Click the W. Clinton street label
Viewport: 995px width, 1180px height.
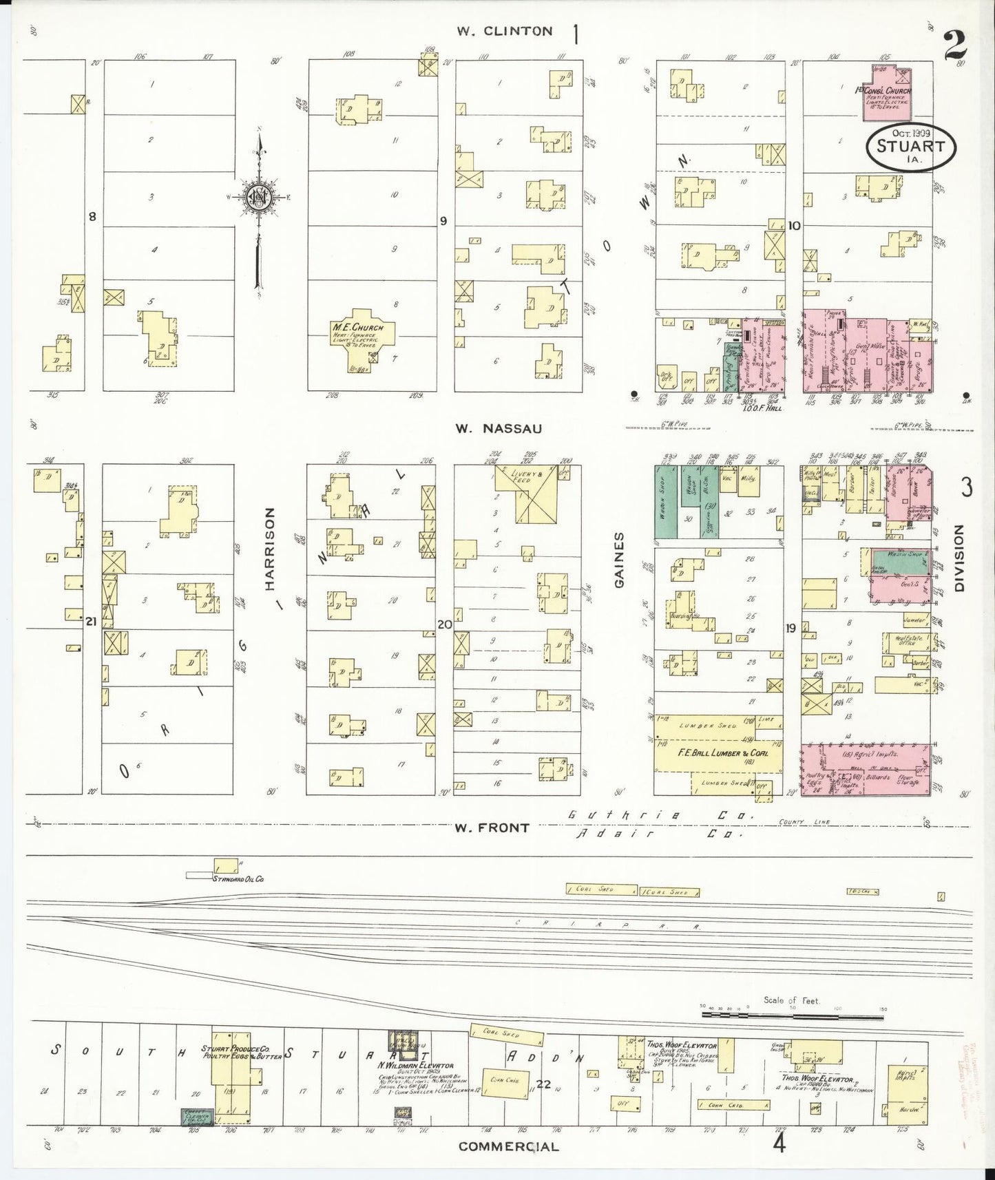click(x=505, y=31)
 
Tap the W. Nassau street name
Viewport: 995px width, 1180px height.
click(x=498, y=428)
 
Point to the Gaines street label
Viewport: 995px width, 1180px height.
click(x=618, y=559)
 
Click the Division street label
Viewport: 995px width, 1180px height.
click(x=960, y=558)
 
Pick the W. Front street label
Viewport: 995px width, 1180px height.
click(x=491, y=828)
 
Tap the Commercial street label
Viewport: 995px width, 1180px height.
click(x=509, y=1146)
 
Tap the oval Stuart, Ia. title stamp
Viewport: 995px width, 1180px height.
click(x=905, y=146)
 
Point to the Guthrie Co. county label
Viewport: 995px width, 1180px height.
click(x=660, y=816)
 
